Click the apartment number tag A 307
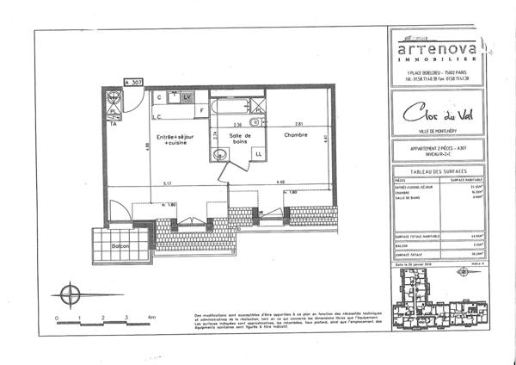point(133,83)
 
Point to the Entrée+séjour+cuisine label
point(175,139)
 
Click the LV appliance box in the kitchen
point(186,98)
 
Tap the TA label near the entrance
point(113,124)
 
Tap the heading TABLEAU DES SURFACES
point(437,172)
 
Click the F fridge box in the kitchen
point(203,111)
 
